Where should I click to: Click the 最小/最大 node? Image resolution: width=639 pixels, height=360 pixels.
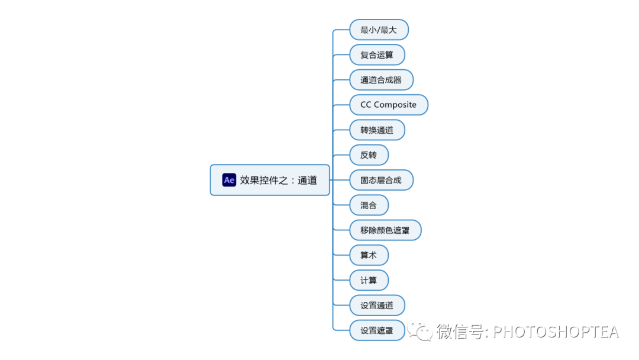[379, 30]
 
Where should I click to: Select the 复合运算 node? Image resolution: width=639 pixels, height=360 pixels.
[377, 55]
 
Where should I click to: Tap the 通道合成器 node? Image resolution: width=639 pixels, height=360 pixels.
[381, 80]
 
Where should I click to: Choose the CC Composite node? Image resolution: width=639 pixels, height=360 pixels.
[388, 105]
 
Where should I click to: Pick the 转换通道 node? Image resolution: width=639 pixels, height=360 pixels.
[377, 130]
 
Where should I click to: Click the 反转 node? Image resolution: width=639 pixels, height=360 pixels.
[369, 155]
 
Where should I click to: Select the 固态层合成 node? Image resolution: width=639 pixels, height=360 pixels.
[381, 180]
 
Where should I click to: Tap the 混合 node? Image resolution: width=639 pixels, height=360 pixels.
[369, 205]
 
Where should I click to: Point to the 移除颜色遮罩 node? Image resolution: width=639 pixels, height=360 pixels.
[385, 230]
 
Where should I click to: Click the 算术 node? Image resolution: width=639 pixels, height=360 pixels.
[369, 255]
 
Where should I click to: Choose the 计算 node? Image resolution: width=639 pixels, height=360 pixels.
[369, 280]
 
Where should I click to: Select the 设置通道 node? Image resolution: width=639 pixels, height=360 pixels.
[377, 306]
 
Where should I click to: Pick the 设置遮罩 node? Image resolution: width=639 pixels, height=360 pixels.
[377, 330]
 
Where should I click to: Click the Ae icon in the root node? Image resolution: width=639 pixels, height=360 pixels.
[229, 180]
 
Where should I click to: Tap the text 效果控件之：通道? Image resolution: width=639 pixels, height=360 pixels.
[279, 180]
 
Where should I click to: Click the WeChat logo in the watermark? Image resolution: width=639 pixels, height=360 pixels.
[423, 332]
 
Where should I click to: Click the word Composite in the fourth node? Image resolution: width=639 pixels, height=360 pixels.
[395, 105]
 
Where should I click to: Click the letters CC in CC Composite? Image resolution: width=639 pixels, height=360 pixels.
[366, 105]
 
